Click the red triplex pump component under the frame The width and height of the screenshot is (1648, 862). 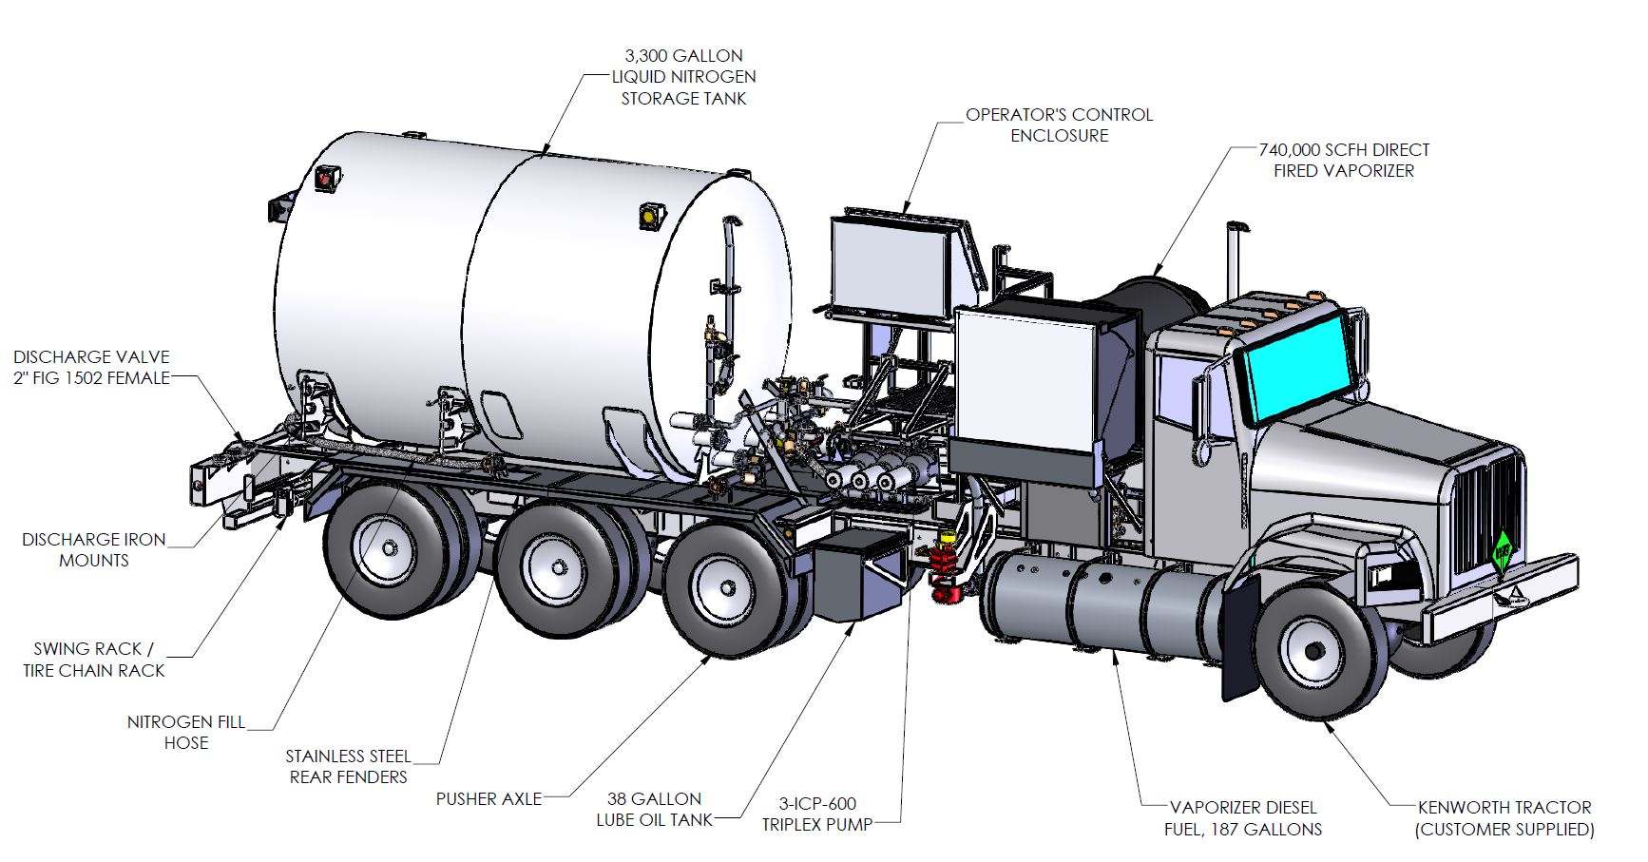point(946,569)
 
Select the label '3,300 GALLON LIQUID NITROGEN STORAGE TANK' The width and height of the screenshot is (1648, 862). point(683,77)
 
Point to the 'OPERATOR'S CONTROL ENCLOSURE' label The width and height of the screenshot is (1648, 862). point(1059,125)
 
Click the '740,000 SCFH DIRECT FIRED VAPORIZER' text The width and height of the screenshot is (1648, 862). point(1344,160)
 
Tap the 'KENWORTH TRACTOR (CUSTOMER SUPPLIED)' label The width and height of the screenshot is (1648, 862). point(1504,818)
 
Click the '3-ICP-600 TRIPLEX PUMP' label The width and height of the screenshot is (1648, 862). point(816,814)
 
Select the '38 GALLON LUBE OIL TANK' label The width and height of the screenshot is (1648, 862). point(654,809)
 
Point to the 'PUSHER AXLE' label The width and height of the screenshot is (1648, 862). point(489,798)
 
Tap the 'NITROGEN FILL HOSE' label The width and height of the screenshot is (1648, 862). point(186,732)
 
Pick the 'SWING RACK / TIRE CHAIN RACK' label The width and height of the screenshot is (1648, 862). point(94,660)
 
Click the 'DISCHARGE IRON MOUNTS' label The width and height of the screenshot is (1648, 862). point(93,549)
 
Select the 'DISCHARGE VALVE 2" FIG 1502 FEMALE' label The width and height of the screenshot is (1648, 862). point(91,367)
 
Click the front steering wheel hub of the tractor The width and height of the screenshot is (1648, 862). point(1314,651)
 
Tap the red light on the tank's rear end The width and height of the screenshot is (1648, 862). point(330,177)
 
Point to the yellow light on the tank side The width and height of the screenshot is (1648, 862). point(650,217)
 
